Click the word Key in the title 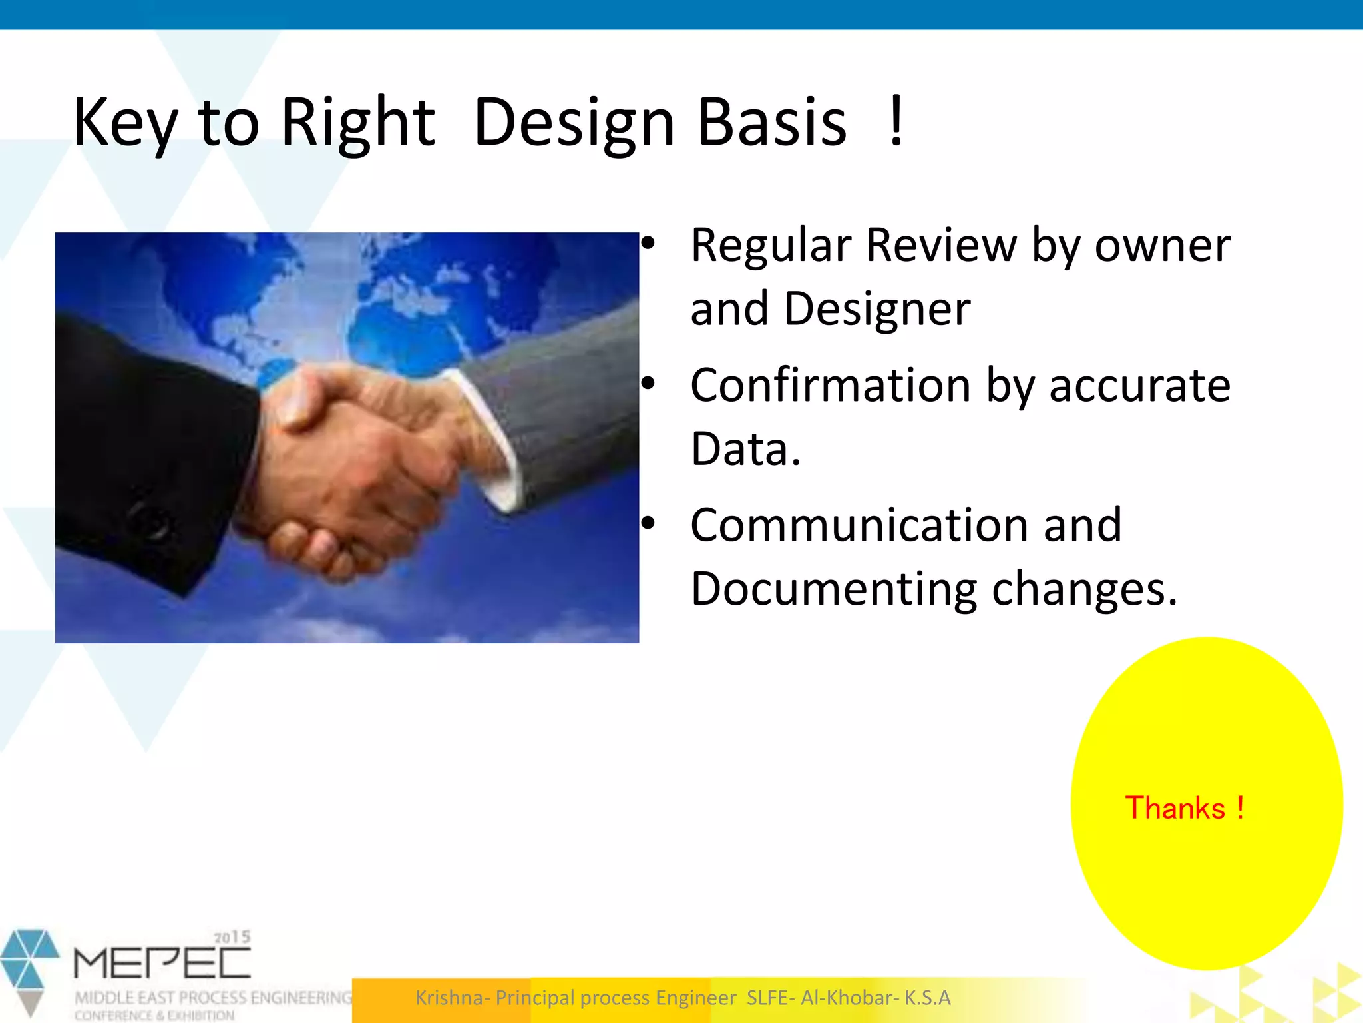125,123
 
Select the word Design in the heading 574,123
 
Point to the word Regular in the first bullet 771,246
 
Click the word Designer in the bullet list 876,310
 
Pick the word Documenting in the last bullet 833,589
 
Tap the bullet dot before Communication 648,525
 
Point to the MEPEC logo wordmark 162,963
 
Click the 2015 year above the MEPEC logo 232,938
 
